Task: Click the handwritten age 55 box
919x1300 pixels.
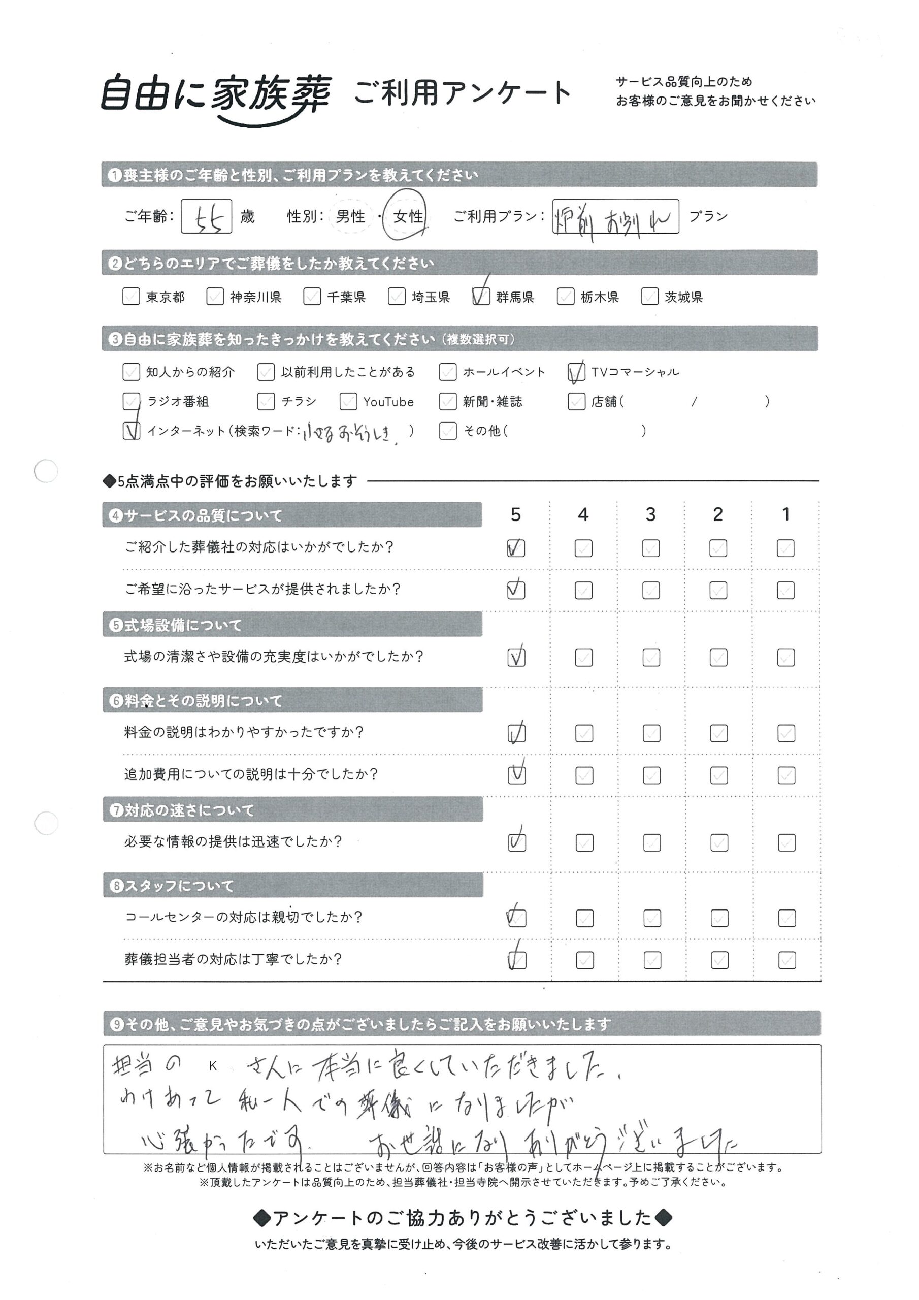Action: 206,216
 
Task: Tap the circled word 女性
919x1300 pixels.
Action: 406,216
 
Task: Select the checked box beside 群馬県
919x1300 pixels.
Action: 481,296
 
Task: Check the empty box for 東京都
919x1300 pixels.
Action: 131,296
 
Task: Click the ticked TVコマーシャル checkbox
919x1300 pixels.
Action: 576,372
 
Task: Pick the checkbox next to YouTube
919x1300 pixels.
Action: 348,402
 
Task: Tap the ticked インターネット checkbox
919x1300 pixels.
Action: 132,431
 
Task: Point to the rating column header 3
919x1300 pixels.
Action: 650,514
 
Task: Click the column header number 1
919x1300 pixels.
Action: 785,514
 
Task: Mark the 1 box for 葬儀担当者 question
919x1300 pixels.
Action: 786,960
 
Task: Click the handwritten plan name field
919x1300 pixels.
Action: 615,216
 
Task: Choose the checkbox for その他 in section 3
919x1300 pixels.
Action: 447,431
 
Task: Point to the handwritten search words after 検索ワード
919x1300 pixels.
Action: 348,433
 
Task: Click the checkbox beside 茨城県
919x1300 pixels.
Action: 649,296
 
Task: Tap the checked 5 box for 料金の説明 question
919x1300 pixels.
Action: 516,733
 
